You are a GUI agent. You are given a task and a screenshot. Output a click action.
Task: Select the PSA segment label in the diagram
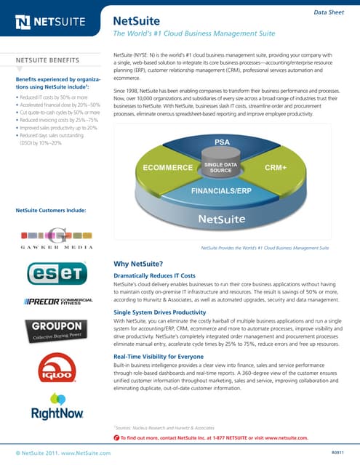pos(223,140)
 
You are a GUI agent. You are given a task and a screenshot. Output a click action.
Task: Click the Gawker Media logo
pos(57,239)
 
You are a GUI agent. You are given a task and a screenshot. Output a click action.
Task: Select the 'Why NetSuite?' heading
pos(139,263)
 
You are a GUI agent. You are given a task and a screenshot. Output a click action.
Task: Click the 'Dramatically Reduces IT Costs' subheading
pos(154,276)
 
